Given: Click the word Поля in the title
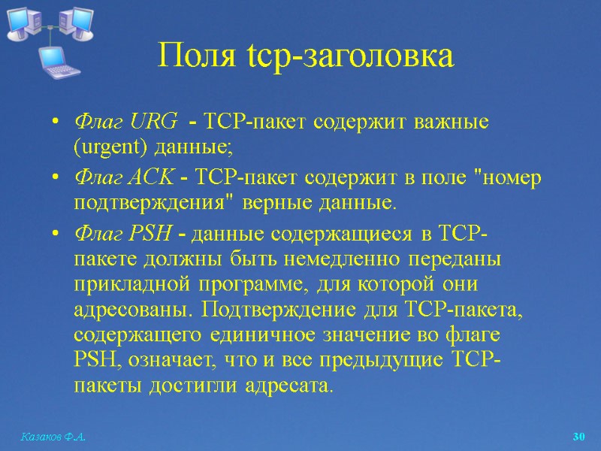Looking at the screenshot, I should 191,56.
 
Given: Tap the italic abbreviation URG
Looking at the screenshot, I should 153,120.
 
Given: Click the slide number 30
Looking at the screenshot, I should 578,437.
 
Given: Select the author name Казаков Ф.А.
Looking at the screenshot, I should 47,437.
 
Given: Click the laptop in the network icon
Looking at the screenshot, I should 56,62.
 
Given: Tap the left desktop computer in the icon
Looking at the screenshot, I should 22,23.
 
